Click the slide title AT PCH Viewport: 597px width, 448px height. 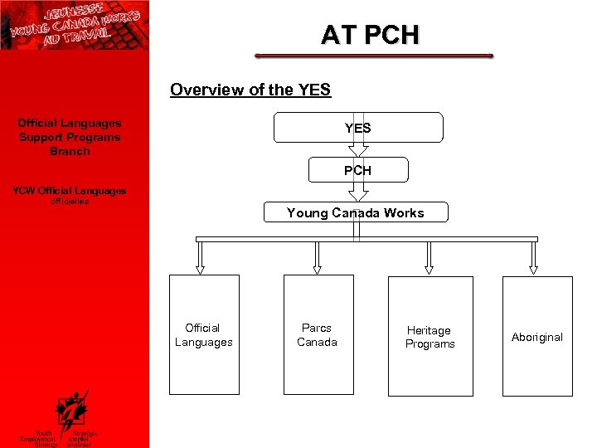(x=370, y=35)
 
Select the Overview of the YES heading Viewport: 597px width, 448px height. (x=250, y=90)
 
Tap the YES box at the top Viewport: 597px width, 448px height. (x=357, y=128)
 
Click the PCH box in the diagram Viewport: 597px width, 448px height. (x=357, y=170)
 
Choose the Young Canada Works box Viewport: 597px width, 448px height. (x=355, y=213)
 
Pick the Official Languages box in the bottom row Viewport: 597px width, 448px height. (x=204, y=334)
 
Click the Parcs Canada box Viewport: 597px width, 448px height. (x=318, y=334)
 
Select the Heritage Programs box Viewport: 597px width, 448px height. (x=430, y=336)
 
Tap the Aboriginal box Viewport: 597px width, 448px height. (x=537, y=336)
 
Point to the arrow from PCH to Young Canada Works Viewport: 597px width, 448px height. (x=357, y=192)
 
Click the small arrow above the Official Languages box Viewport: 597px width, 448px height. (x=200, y=266)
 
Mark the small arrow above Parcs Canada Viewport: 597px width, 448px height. (x=316, y=266)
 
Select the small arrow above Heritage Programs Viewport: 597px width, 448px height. (x=429, y=266)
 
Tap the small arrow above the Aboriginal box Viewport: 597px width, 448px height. (x=533, y=266)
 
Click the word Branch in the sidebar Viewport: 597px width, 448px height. (x=70, y=152)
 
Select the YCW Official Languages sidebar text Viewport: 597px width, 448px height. (x=70, y=191)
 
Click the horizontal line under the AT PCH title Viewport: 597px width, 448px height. (x=374, y=56)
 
